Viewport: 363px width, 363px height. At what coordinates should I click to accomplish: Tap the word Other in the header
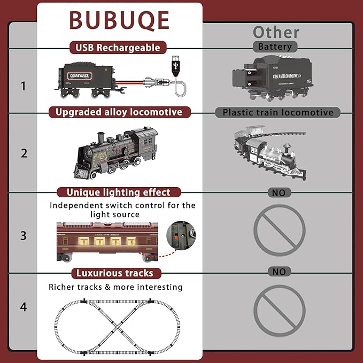276,33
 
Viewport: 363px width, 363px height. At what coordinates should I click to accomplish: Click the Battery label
275,47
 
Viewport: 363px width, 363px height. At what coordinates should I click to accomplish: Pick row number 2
23,153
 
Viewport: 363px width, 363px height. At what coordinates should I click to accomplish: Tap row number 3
23,235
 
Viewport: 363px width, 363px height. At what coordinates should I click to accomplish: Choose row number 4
23,307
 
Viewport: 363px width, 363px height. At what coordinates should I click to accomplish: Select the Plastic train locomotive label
277,112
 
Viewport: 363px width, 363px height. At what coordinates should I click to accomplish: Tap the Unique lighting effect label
118,192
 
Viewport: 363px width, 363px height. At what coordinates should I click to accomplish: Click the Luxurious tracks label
115,273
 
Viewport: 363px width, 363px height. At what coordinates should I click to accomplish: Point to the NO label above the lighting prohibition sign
279,192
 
